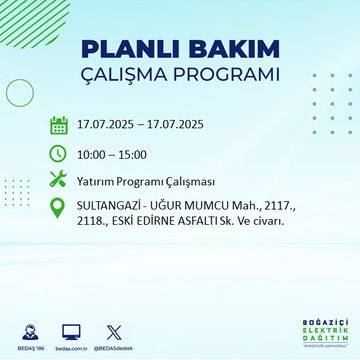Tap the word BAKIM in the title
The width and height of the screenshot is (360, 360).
pos(227,49)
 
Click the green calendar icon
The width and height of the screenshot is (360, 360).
pos(59,126)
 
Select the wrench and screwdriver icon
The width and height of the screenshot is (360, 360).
pos(59,179)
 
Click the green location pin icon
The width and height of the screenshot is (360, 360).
pos(59,207)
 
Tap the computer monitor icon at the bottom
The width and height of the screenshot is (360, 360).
pos(71,331)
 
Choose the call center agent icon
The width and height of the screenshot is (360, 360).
pos(30,331)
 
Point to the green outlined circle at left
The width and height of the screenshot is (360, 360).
pos(20,91)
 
